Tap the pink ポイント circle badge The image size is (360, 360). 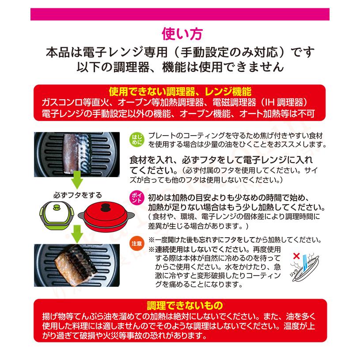click(136, 197)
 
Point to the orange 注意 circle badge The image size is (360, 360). click(136, 243)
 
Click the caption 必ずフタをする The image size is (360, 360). click(78, 195)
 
